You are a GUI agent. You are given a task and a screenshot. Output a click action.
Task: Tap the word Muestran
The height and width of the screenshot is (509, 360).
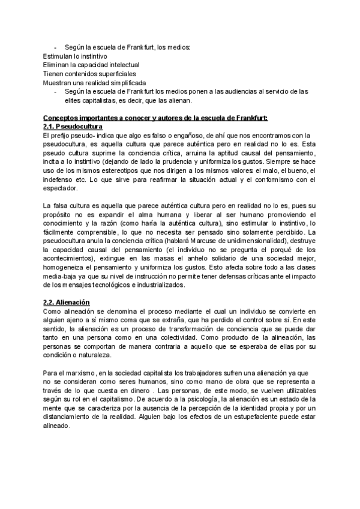[x=58, y=82]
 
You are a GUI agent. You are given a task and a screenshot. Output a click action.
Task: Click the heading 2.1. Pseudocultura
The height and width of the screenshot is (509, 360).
[x=73, y=127]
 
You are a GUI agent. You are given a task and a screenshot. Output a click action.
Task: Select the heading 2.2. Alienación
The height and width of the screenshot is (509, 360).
[x=66, y=303]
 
